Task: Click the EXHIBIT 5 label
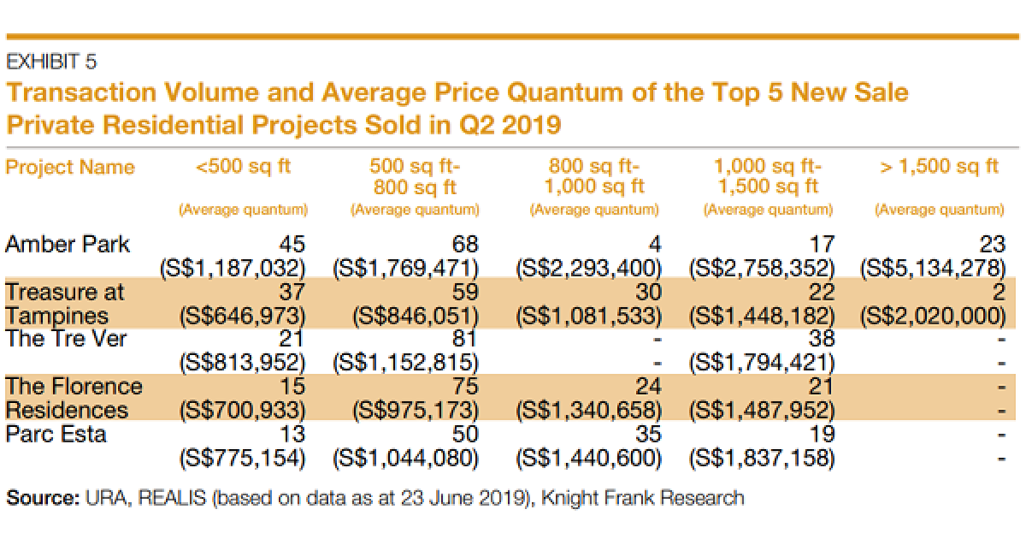[x=51, y=62]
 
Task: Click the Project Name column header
[x=70, y=167]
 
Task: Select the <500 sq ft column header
[x=244, y=166]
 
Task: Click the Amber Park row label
[x=68, y=245]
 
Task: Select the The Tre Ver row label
[x=66, y=339]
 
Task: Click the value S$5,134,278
[x=933, y=268]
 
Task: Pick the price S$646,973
[x=242, y=316]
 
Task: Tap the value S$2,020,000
[x=933, y=316]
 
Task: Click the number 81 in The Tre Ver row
[x=467, y=340]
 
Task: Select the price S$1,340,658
[x=589, y=411]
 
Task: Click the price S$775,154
[x=242, y=458]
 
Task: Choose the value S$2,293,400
[x=589, y=268]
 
